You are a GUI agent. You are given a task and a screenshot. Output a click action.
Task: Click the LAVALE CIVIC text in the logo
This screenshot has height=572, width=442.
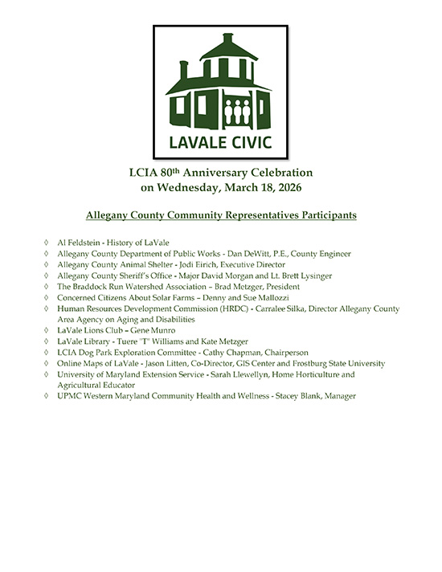pyautogui.click(x=220, y=143)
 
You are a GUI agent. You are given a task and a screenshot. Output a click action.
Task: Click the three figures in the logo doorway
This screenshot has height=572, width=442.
pyautogui.click(x=241, y=110)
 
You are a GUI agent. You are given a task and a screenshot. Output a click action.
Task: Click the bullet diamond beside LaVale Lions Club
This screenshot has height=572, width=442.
pyautogui.click(x=47, y=330)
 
